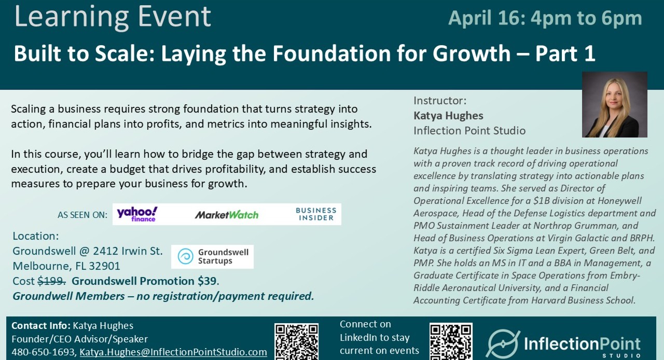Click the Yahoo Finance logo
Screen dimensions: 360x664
(137, 214)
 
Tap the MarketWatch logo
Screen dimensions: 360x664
(227, 215)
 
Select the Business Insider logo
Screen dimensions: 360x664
(315, 214)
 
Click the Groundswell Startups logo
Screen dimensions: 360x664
(213, 256)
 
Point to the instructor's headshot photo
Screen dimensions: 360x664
(614, 104)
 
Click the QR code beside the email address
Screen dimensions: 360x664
(296, 341)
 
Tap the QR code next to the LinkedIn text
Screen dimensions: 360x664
(451, 341)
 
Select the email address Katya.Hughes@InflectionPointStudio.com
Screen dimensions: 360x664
(173, 352)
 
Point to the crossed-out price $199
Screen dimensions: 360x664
(52, 281)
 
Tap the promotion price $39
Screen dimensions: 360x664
(207, 281)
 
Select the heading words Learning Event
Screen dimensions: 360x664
(113, 16)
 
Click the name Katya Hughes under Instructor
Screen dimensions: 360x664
(448, 115)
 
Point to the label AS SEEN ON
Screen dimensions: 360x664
(82, 215)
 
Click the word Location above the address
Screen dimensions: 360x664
(35, 236)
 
